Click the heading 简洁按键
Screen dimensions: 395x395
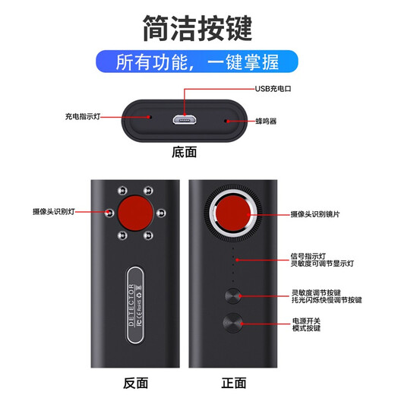(197, 27)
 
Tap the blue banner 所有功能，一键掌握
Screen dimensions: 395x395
(197, 62)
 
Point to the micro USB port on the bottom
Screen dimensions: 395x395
(184, 119)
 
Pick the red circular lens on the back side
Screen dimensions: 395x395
(136, 211)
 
